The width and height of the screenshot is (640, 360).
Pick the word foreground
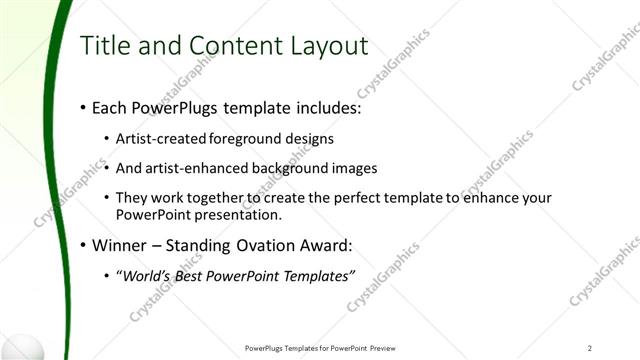[x=246, y=139]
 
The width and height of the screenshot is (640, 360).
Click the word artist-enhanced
[x=194, y=168]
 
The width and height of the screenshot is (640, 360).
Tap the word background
[x=285, y=168]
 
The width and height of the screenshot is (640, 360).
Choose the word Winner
[x=122, y=245]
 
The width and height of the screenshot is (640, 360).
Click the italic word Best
[x=192, y=276]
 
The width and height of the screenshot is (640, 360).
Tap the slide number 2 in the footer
[x=590, y=348]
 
